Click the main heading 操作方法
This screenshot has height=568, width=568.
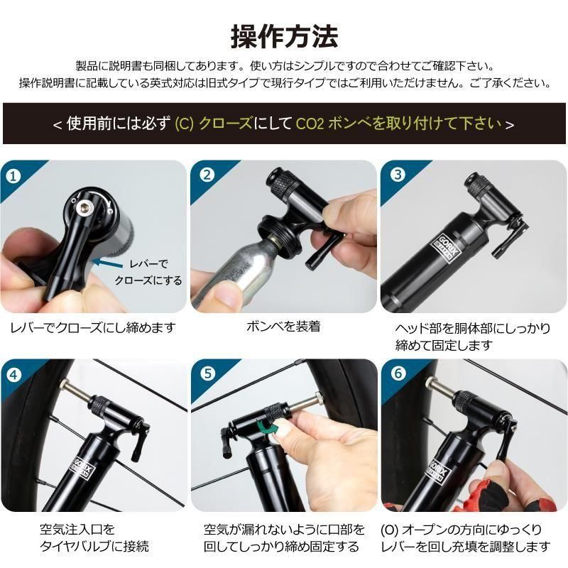pos(285,37)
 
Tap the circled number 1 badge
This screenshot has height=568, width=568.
pos(13,176)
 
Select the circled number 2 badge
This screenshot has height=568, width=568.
pos(207,175)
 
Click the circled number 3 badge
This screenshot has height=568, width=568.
pos(398,174)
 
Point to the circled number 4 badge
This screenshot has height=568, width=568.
pos(13,375)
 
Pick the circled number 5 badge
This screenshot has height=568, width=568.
pos(207,373)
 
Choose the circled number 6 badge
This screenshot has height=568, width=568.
pos(398,373)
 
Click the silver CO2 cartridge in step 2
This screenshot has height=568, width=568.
pos(236,268)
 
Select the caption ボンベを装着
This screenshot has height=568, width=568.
pos(283,327)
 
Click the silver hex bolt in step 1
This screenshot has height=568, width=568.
pos(84,208)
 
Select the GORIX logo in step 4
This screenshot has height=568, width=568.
pos(84,469)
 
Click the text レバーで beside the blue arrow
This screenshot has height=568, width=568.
pos(148,263)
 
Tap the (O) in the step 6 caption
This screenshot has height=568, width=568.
pos(389,530)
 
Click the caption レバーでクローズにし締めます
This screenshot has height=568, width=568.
pos(93,327)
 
